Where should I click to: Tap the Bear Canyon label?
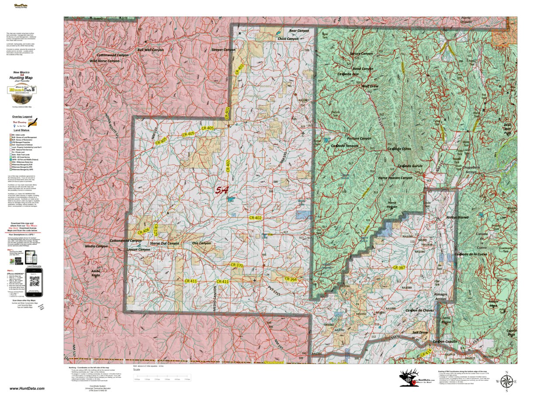pos(299,31)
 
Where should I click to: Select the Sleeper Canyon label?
pos(223,50)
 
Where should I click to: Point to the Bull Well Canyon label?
pos(150,50)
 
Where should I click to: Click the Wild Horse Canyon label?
pos(104,61)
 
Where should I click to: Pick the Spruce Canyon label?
pos(361,54)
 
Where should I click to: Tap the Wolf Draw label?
pos(370,86)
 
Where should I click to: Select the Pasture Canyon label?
pos(359,138)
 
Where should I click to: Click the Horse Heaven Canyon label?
pos(395,178)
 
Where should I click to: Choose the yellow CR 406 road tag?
pos(144,230)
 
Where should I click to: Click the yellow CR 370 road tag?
pos(236,265)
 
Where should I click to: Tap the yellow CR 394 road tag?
pos(291,279)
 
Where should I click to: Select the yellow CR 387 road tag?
pos(399,267)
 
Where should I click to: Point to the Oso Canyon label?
pos(201,243)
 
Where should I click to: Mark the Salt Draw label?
pos(420,332)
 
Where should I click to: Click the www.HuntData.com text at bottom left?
pos(21,388)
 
